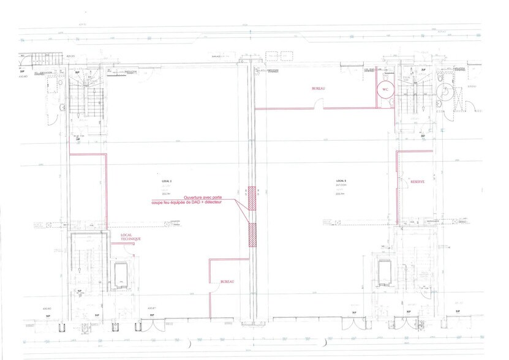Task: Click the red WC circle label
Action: click(385, 90)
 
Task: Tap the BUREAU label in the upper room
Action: click(319, 89)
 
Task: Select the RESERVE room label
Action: click(410, 181)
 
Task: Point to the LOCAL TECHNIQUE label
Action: click(130, 237)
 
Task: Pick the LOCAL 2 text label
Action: click(167, 181)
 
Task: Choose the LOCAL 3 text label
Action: click(341, 181)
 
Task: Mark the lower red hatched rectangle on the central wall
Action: click(252, 235)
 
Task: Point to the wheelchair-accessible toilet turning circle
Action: click(443, 92)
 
